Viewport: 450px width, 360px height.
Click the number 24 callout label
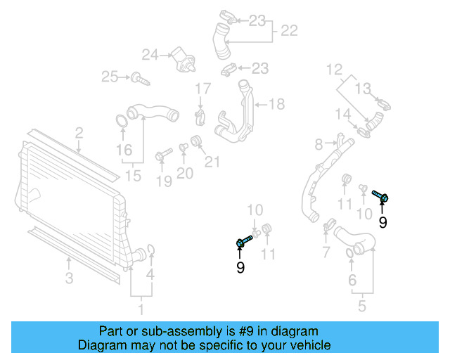pyautogui.click(x=150, y=53)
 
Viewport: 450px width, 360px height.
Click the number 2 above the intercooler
pyautogui.click(x=79, y=131)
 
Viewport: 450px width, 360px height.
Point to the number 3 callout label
pyautogui.click(x=69, y=278)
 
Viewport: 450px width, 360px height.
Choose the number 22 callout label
pyautogui.click(x=289, y=31)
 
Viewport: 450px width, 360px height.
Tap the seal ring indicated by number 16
pyautogui.click(x=122, y=120)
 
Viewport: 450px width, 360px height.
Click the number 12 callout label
pyautogui.click(x=334, y=69)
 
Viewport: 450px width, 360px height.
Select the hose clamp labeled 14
pyautogui.click(x=364, y=129)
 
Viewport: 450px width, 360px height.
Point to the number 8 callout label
pyautogui.click(x=319, y=144)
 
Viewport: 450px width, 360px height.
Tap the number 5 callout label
pyautogui.click(x=361, y=306)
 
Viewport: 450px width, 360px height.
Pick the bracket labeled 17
pyautogui.click(x=201, y=115)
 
